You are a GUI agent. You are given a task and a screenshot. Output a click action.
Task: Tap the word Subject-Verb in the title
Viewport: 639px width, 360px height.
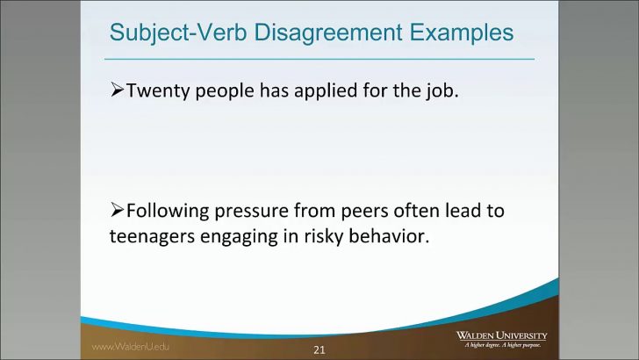(167, 33)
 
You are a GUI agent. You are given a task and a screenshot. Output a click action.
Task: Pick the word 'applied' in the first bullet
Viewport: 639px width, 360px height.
(331, 90)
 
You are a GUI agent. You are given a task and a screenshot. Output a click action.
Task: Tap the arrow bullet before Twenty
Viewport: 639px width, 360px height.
(118, 90)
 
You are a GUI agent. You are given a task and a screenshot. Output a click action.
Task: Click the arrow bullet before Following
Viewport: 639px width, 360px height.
(118, 211)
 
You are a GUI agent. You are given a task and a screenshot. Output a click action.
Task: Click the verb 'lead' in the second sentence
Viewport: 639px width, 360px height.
(479, 211)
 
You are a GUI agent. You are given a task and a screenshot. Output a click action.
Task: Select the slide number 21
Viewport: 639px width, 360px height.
(319, 350)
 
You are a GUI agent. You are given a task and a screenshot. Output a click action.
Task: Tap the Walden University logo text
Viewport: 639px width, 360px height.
(501, 335)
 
